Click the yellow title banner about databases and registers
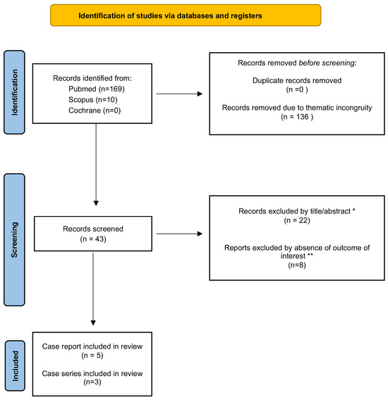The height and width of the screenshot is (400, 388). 186,15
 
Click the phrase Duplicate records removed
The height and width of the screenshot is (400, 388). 296,81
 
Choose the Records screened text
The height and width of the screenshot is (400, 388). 94,229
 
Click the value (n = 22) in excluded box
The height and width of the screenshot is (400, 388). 296,222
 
